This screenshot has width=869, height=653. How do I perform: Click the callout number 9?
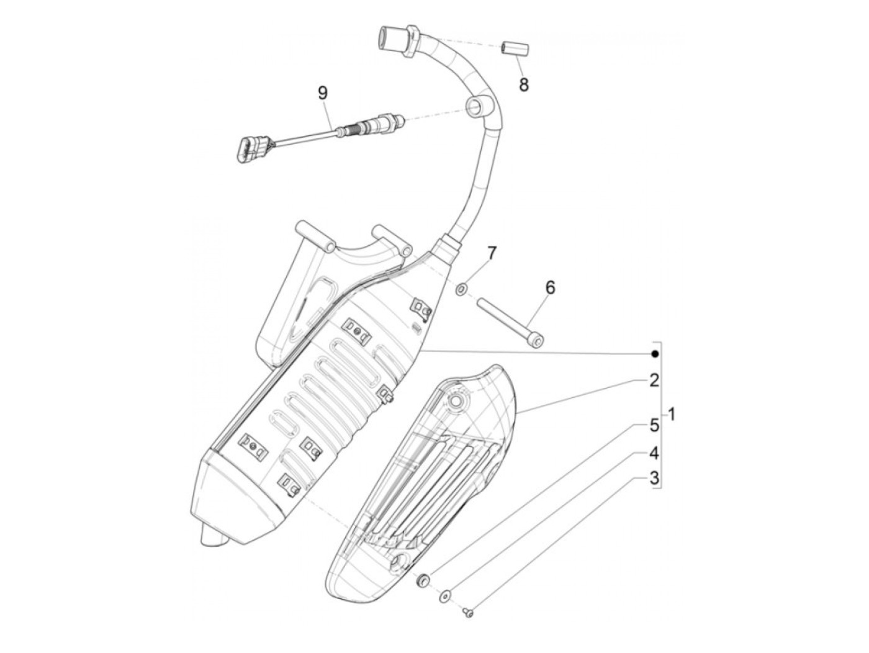(x=322, y=93)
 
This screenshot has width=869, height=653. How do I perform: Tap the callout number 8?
(x=524, y=84)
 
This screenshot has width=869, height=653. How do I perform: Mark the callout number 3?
(x=654, y=479)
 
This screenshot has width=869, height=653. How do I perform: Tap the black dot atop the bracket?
(x=654, y=354)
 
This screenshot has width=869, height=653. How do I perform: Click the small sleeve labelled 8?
(x=513, y=48)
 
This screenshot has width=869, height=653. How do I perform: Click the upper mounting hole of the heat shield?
(x=458, y=402)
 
